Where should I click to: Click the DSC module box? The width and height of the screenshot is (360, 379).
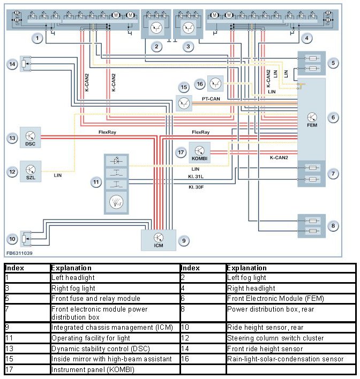(x=31, y=137)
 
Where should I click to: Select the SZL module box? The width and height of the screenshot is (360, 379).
(x=31, y=170)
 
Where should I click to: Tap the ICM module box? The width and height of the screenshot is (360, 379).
(x=158, y=239)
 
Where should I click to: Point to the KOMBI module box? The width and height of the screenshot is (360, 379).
(x=199, y=152)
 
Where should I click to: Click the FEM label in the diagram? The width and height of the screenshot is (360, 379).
(x=312, y=125)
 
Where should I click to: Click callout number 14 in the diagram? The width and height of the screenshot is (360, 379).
(x=12, y=64)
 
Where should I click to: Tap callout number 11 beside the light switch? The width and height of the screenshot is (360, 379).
(x=95, y=183)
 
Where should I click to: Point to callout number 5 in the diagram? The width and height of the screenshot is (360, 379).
(x=334, y=63)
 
